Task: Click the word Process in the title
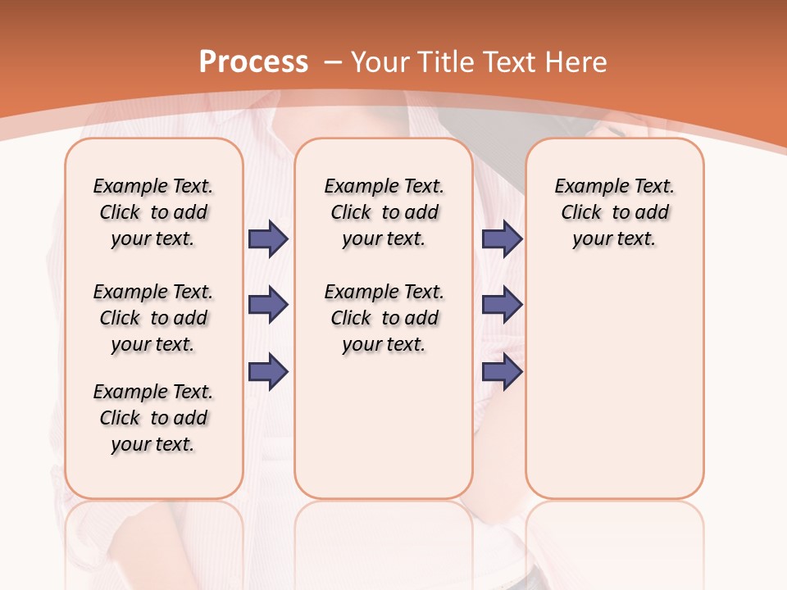(253, 62)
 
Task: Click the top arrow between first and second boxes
(268, 238)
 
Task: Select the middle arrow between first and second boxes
(268, 305)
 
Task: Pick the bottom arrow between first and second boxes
(268, 371)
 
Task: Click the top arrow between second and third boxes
(502, 238)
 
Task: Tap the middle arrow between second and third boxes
(502, 305)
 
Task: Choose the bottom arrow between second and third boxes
(502, 371)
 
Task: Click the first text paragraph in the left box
(153, 212)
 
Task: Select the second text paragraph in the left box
(153, 318)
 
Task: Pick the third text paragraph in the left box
(153, 418)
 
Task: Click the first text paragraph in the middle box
(384, 212)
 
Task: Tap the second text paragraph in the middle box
(384, 318)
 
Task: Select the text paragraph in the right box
(614, 212)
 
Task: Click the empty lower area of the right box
(614, 385)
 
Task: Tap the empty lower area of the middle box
(384, 426)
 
